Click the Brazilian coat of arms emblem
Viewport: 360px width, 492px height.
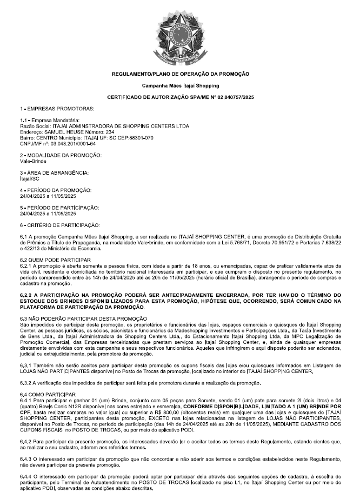pos(180,32)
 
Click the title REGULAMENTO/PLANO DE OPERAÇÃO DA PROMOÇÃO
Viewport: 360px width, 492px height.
pos(180,74)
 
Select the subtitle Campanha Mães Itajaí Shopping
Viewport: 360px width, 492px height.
pos(180,85)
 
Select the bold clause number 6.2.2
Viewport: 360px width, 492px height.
pos(26,295)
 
